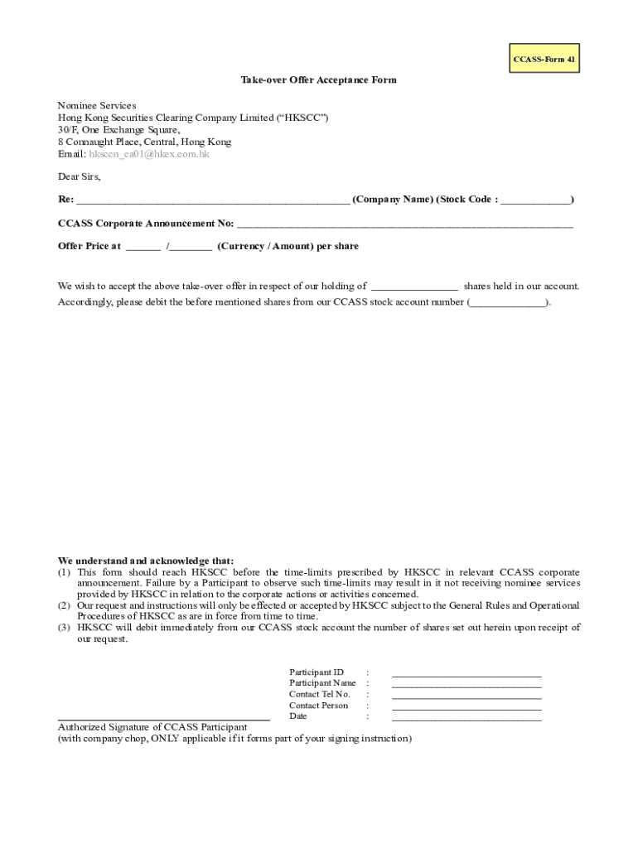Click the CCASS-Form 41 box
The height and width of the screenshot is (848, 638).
pyautogui.click(x=544, y=59)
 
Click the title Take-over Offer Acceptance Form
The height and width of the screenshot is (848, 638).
pyautogui.click(x=318, y=80)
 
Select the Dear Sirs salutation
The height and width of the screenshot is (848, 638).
pyautogui.click(x=79, y=176)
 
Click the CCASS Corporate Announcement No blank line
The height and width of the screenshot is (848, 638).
pyautogui.click(x=404, y=224)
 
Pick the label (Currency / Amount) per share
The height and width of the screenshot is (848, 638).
pyautogui.click(x=288, y=247)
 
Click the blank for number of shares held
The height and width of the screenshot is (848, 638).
pyautogui.click(x=413, y=287)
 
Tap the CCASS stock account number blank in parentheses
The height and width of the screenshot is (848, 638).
pyautogui.click(x=509, y=303)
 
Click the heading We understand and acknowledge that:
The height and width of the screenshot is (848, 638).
pyautogui.click(x=146, y=561)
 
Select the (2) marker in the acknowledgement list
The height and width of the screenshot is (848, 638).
pyautogui.click(x=64, y=605)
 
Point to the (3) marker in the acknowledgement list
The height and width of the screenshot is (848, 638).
pyautogui.click(x=64, y=628)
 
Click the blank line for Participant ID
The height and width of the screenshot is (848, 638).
pyautogui.click(x=466, y=675)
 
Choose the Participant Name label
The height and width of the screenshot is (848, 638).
pyautogui.click(x=322, y=683)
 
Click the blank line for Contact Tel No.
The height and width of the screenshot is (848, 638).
pyautogui.click(x=466, y=697)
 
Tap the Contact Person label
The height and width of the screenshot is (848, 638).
pyautogui.click(x=318, y=706)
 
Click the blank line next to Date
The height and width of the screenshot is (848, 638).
pyautogui.click(x=466, y=719)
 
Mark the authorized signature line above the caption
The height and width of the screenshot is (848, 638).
pyautogui.click(x=163, y=719)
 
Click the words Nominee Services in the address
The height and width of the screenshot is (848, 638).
pyautogui.click(x=97, y=106)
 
